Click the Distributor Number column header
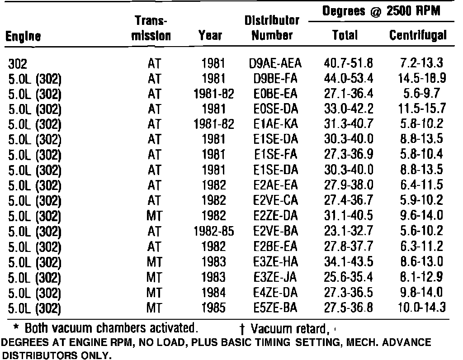272,28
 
